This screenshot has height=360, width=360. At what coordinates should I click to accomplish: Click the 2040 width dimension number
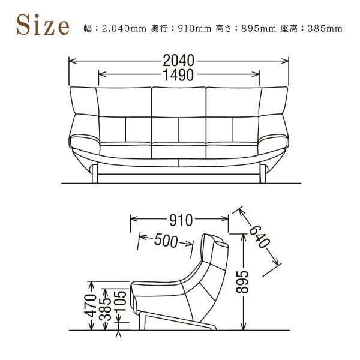179,61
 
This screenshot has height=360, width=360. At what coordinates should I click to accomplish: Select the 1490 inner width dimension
179,75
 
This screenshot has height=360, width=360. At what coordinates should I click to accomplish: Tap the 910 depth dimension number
180,220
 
